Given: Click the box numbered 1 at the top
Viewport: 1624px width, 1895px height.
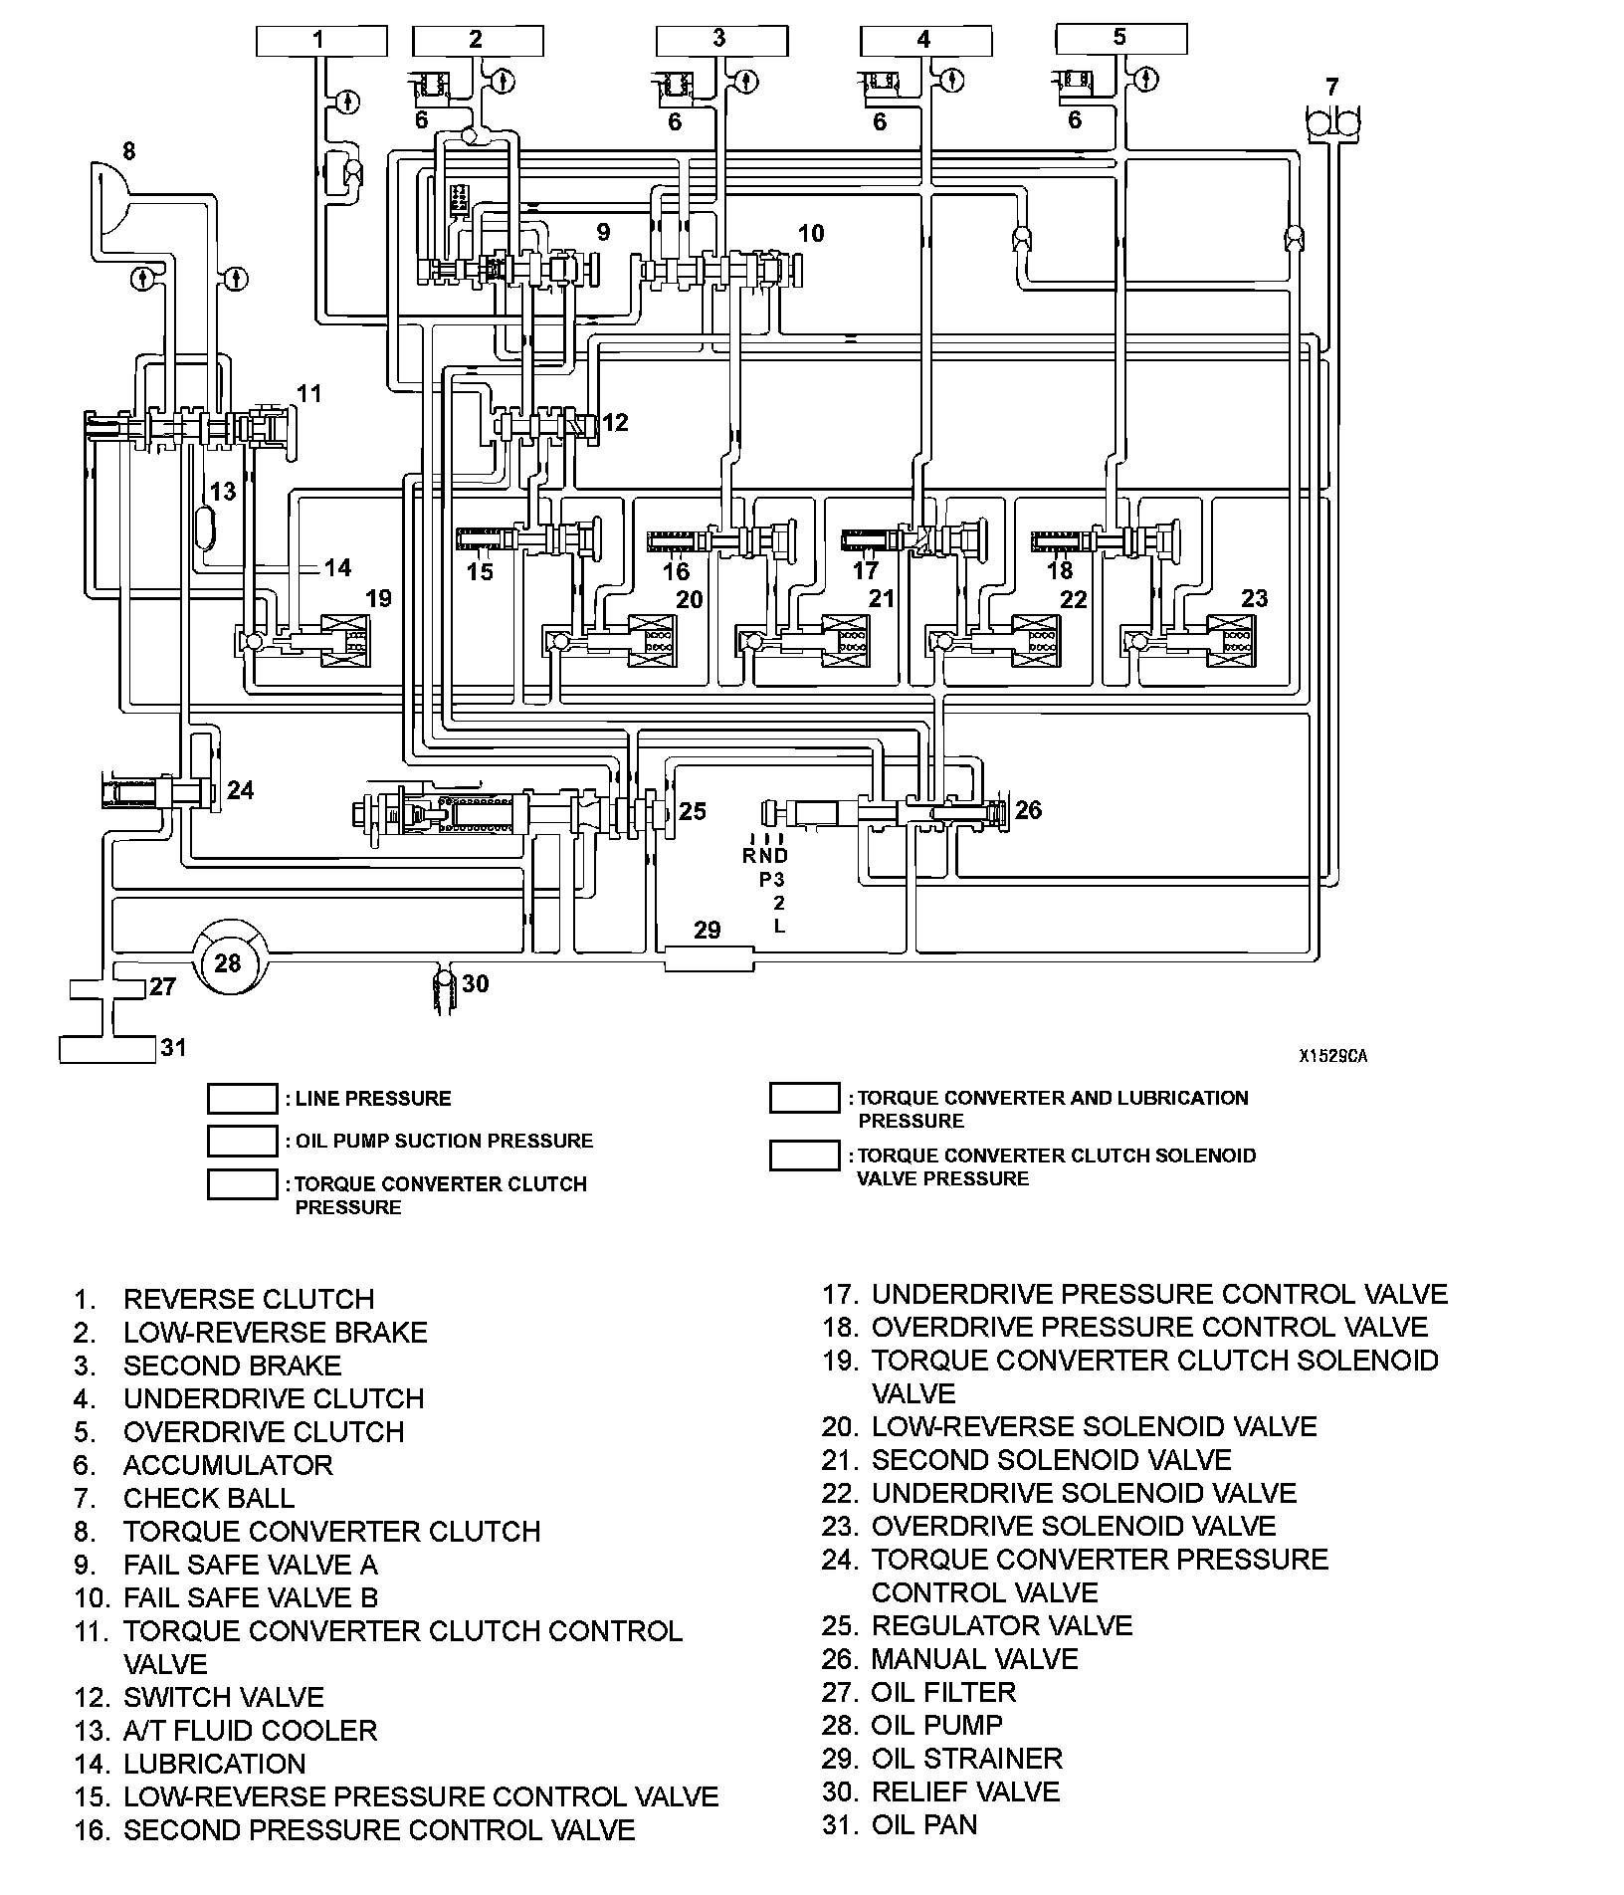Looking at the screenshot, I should pos(321,41).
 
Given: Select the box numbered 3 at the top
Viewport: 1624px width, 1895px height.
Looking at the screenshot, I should pos(721,41).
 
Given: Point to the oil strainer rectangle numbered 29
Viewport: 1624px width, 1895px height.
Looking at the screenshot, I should pos(708,959).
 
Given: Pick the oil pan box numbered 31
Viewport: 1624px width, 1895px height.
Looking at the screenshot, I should pos(107,1049).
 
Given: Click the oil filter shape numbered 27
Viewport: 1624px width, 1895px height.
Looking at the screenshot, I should pos(107,988).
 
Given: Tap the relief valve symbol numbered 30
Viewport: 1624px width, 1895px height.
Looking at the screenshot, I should pos(444,990).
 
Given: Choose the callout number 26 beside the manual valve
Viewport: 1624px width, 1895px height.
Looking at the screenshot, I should pos(1029,810).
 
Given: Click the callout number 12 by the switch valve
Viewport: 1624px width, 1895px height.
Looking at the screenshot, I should pos(616,423).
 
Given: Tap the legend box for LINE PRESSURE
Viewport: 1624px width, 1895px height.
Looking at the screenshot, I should pos(242,1099).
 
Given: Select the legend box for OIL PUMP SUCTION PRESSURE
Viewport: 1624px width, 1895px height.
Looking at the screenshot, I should pos(242,1141).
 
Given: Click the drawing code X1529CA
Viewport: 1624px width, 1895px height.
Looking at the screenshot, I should pos(1331,1056).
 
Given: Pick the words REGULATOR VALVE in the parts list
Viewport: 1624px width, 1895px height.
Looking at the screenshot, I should pos(1001,1625).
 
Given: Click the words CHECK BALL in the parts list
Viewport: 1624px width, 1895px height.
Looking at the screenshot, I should pos(209,1498).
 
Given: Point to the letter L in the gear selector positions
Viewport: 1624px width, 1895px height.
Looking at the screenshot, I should pos(779,926).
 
